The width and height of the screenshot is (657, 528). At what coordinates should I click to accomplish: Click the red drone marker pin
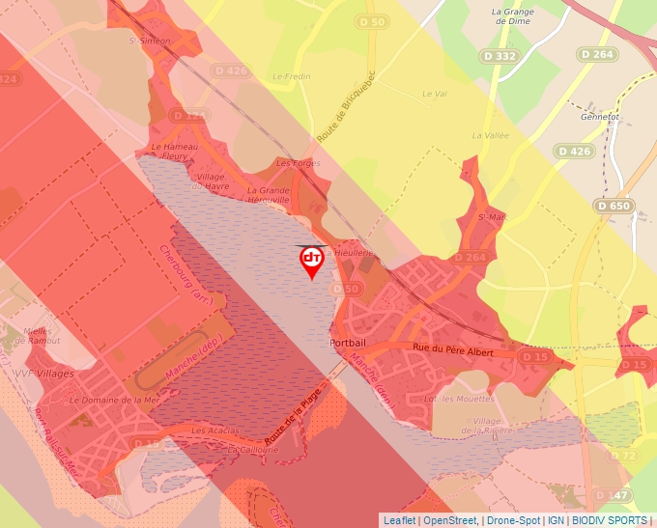coord(312,261)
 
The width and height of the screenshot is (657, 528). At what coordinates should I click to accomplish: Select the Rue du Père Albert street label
coord(453,353)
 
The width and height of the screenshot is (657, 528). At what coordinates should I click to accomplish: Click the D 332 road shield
coord(500,57)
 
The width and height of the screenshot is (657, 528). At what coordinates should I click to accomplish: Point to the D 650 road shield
coord(614,206)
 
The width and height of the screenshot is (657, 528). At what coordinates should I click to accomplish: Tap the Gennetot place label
coord(599,116)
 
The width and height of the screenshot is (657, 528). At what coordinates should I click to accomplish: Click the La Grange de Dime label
coord(513,16)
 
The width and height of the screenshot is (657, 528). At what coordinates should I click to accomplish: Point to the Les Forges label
coord(298,164)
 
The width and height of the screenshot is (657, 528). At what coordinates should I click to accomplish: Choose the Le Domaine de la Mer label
coord(115,399)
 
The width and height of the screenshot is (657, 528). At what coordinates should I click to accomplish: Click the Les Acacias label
coord(214,430)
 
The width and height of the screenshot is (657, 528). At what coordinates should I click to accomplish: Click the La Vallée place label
coord(490,136)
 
